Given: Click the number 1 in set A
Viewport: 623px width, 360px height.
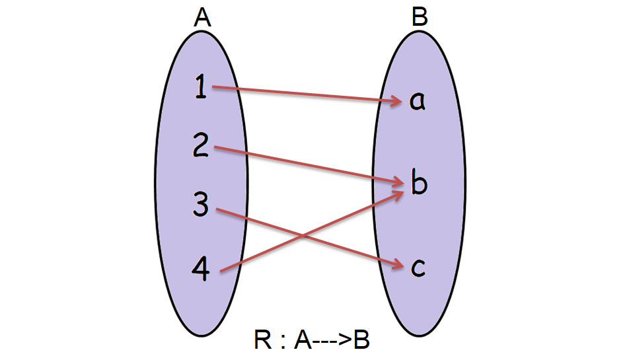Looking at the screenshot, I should coord(202,87).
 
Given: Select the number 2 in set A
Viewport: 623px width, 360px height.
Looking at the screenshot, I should coord(202,145).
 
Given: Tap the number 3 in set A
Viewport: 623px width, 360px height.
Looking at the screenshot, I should coord(202,204).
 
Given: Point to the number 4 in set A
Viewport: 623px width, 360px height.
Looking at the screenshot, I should coord(202,267).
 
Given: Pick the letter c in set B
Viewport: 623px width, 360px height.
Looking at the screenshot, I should coord(418,267).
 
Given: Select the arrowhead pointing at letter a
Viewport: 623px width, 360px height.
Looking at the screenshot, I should coord(398,102).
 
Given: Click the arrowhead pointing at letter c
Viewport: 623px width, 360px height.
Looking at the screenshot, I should coord(398,266).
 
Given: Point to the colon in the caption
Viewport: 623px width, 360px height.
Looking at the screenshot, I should coord(282,342).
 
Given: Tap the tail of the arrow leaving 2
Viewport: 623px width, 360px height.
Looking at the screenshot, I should coord(215,147).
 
